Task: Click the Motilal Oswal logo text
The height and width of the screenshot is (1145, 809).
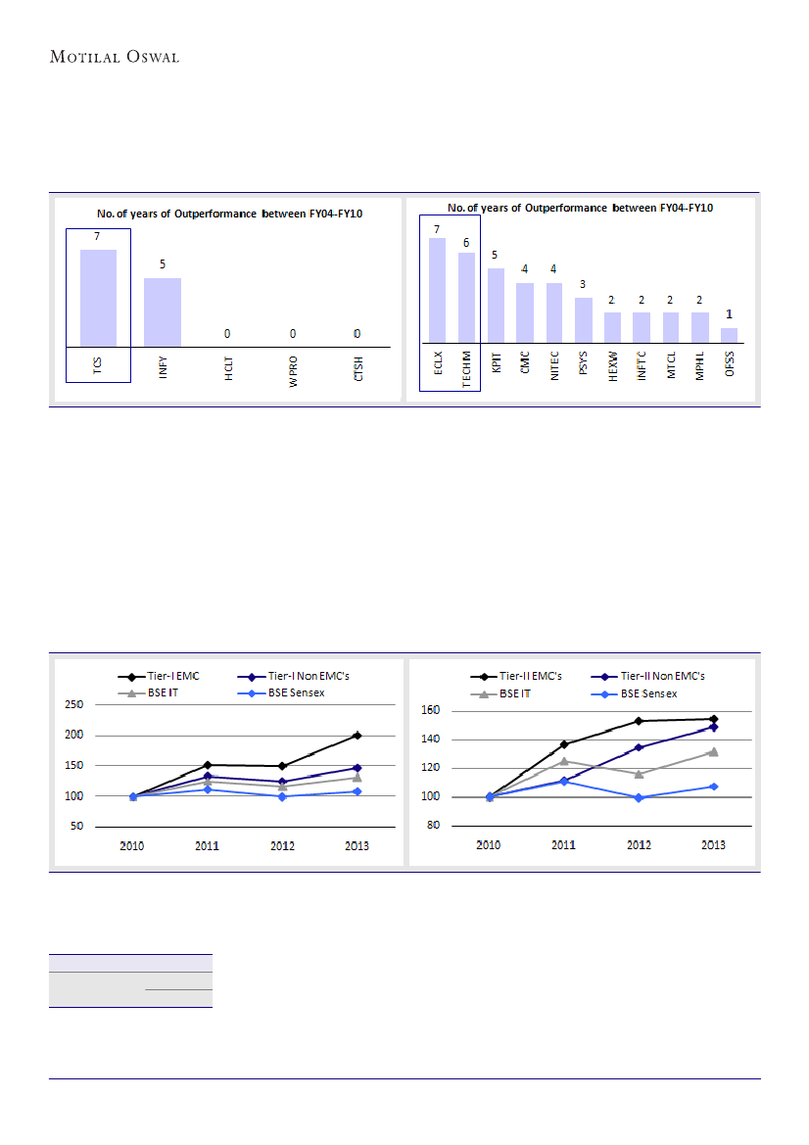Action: click(115, 57)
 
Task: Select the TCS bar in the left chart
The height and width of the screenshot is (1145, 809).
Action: click(98, 298)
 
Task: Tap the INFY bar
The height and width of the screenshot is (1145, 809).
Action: click(163, 311)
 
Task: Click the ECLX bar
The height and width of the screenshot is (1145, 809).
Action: click(437, 290)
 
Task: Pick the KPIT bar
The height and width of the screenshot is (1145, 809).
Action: click(496, 305)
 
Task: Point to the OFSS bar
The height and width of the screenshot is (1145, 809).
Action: click(729, 335)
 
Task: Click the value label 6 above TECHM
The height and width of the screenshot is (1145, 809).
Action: click(466, 242)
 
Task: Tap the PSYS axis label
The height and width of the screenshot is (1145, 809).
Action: click(584, 367)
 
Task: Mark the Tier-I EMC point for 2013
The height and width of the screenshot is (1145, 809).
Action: click(357, 735)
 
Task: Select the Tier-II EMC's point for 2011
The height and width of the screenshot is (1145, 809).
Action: click(564, 744)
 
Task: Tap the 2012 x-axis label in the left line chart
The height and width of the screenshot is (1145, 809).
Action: click(282, 845)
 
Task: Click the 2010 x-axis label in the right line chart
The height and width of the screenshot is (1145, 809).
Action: click(489, 845)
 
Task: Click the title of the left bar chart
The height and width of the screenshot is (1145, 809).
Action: click(229, 214)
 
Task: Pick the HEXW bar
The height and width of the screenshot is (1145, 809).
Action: click(612, 327)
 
